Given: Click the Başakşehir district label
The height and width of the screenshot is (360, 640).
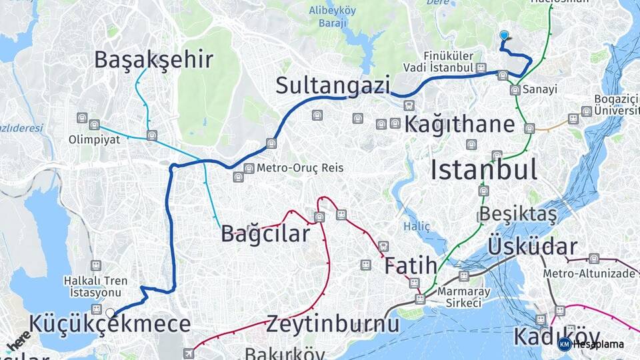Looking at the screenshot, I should click(153, 60).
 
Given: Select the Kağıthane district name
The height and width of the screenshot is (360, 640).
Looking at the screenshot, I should click(459, 124).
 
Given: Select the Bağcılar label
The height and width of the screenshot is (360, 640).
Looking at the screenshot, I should click(265, 234).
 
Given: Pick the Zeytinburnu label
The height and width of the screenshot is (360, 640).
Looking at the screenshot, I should click(333, 325).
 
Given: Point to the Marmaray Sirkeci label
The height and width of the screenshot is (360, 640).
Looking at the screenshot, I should click(465, 297).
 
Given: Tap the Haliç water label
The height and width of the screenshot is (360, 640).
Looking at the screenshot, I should click(417, 226).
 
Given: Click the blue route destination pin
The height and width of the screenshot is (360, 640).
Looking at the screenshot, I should click(504, 37).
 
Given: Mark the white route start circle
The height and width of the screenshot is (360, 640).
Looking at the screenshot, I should click(110, 312).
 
